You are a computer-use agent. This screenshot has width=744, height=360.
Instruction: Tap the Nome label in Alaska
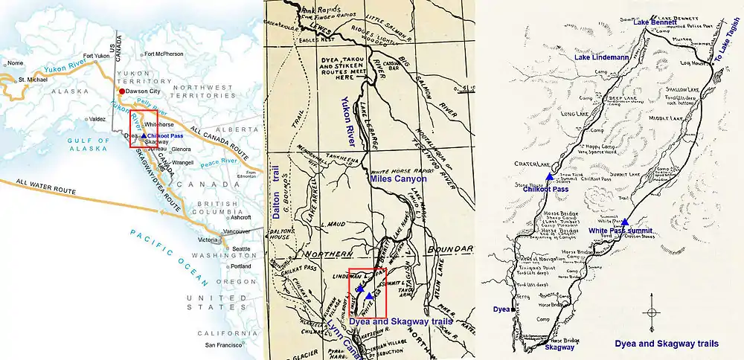[15, 63]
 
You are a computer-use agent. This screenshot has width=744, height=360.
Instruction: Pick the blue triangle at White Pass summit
[625, 222]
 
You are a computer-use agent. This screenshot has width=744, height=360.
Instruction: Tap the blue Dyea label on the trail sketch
[500, 308]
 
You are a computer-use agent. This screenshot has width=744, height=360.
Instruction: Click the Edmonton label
[254, 176]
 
